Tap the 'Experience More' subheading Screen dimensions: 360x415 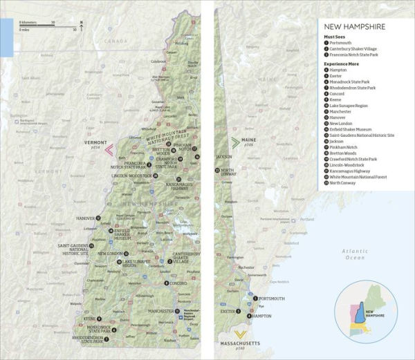click(x=344, y=64)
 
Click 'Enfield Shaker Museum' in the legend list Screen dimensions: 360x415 click(x=351, y=129)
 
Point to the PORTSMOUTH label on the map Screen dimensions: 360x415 click(x=272, y=299)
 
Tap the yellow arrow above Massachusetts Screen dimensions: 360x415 click(x=239, y=332)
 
